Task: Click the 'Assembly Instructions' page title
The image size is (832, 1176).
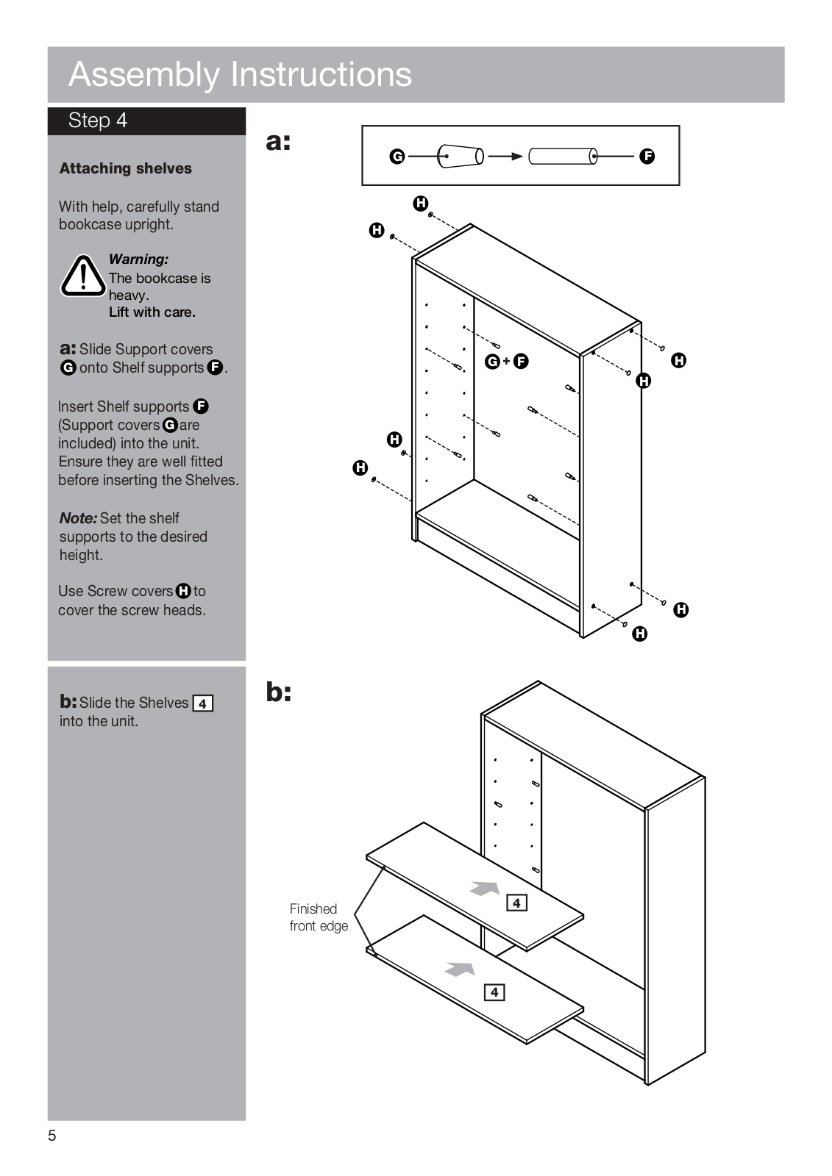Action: point(240,74)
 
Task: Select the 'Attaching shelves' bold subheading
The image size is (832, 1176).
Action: point(125,168)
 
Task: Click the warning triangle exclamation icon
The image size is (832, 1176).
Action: point(83,276)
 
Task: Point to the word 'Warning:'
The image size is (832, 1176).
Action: point(138,259)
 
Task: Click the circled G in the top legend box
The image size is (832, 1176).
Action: point(397,156)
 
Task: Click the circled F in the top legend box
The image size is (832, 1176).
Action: point(647,156)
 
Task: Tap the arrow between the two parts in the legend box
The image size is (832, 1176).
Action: point(505,156)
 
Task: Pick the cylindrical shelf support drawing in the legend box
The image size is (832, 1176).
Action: point(563,156)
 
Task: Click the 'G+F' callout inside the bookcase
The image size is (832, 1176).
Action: point(507,361)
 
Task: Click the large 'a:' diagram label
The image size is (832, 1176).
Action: point(279,141)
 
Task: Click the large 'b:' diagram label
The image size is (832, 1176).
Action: point(279,692)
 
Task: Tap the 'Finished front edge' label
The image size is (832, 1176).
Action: point(318,917)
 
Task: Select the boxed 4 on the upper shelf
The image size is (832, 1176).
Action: point(517,903)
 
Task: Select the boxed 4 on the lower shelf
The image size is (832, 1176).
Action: point(494,992)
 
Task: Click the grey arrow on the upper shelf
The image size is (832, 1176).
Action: point(485,888)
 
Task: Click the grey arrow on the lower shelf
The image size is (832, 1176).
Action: point(460,969)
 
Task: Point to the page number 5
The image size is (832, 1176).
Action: point(51,1136)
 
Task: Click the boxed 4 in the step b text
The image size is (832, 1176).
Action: point(202,703)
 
